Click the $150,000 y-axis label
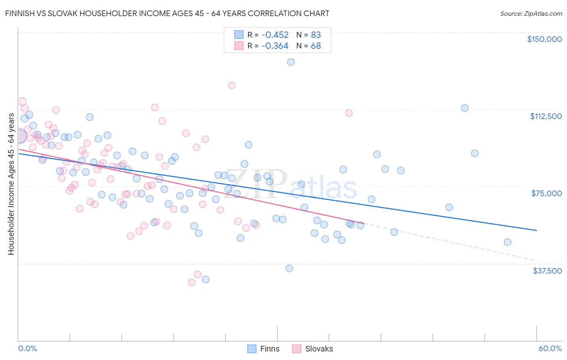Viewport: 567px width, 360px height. pyautogui.click(x=544, y=39)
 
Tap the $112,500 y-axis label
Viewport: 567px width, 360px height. pyautogui.click(x=546, y=116)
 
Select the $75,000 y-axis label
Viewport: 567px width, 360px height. pyautogui.click(x=546, y=193)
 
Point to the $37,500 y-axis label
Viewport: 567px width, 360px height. pyautogui.click(x=547, y=271)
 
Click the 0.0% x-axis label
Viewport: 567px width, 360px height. pyautogui.click(x=27, y=348)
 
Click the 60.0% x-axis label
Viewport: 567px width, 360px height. pyautogui.click(x=550, y=348)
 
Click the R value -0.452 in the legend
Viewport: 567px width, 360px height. pyautogui.click(x=275, y=35)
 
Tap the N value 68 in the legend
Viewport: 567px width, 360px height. pyautogui.click(x=316, y=46)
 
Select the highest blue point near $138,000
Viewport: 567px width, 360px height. pyautogui.click(x=291, y=62)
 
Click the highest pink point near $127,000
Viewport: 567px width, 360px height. pyautogui.click(x=232, y=85)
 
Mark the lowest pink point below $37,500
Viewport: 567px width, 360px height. pyautogui.click(x=192, y=283)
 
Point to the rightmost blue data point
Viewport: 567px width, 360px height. pyautogui.click(x=508, y=242)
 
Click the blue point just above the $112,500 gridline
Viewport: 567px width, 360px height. pyautogui.click(x=465, y=108)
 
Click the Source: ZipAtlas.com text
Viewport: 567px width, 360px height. pyautogui.click(x=531, y=13)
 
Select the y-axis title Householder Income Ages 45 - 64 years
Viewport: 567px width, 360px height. pyautogui.click(x=11, y=184)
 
